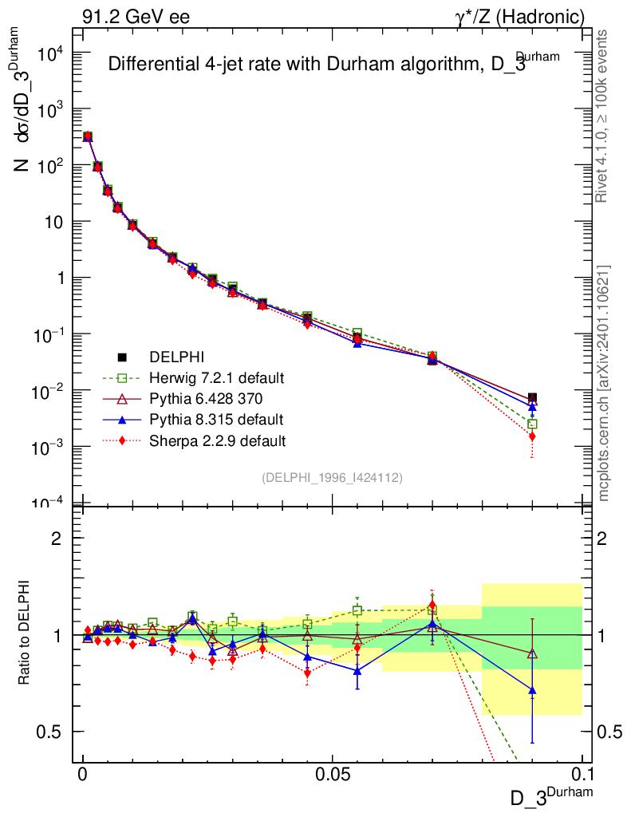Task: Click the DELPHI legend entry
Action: [x=172, y=357]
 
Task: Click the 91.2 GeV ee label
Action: [x=136, y=16]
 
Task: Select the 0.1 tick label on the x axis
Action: [x=582, y=775]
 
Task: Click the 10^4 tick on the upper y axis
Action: [x=57, y=53]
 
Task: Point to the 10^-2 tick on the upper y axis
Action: [x=57, y=392]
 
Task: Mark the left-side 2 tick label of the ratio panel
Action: [x=57, y=539]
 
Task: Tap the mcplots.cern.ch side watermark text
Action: [x=604, y=383]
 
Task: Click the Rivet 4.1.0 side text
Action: [x=604, y=116]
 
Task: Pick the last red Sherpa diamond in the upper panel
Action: [x=532, y=436]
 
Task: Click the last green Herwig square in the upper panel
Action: [x=532, y=424]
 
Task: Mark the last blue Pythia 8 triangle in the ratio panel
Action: [x=532, y=690]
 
